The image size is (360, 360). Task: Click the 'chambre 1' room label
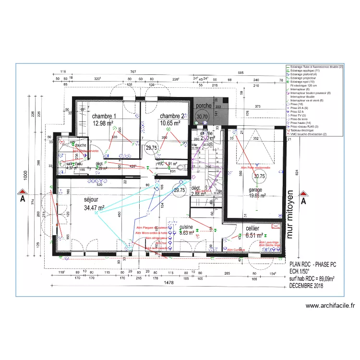(x=104, y=116)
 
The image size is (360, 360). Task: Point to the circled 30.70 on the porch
(x=202, y=116)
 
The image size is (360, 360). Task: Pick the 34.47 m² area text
(x=95, y=207)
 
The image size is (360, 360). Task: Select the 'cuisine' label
(x=186, y=227)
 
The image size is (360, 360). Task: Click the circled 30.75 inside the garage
(x=260, y=176)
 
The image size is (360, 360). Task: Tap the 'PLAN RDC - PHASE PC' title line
(x=312, y=264)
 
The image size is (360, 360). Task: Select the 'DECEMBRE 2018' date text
(x=306, y=286)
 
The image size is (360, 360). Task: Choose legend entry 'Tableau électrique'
(x=301, y=130)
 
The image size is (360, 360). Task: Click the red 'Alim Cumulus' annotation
(x=236, y=250)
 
